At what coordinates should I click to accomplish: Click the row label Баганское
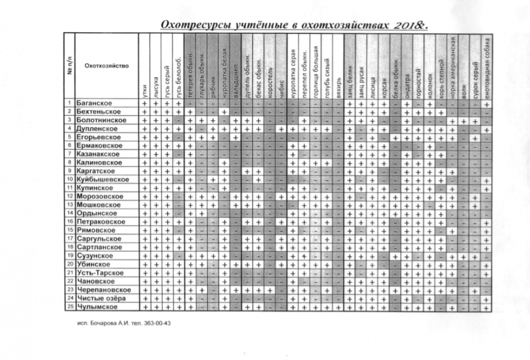coord(94,103)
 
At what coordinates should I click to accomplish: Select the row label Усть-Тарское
coord(100,273)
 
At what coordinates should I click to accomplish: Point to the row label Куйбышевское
coord(103,180)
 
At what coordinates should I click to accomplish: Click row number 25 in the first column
coord(69,307)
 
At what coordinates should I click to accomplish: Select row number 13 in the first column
coord(69,205)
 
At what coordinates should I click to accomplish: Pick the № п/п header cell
coord(69,66)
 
